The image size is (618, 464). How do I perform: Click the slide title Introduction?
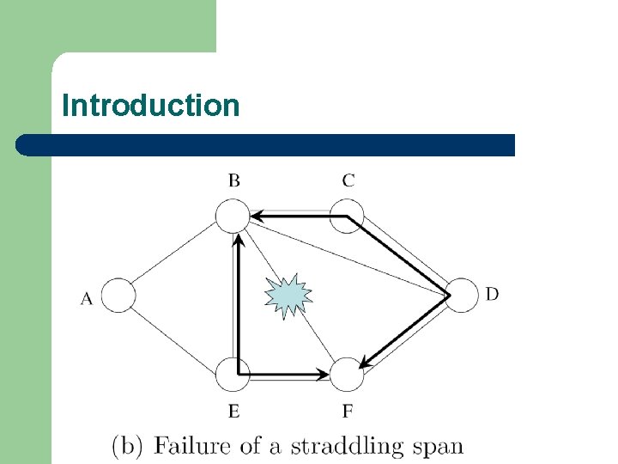pyautogui.click(x=150, y=106)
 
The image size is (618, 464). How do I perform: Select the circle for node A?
pyautogui.click(x=120, y=296)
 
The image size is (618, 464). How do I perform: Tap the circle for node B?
pyautogui.click(x=232, y=216)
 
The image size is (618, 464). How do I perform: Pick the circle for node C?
pyautogui.click(x=347, y=216)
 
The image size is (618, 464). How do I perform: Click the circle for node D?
pyautogui.click(x=462, y=296)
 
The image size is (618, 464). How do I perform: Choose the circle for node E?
pyautogui.click(x=232, y=375)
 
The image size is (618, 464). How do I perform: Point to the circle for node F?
pyautogui.click(x=347, y=375)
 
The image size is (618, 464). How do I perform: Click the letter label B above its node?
pyautogui.click(x=233, y=180)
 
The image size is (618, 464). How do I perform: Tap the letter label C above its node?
pyautogui.click(x=348, y=180)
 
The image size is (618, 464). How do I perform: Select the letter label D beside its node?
pyautogui.click(x=492, y=294)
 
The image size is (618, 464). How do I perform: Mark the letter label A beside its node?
pyautogui.click(x=87, y=299)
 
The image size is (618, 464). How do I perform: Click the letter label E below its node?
pyautogui.click(x=233, y=412)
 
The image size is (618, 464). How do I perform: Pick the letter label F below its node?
pyautogui.click(x=348, y=412)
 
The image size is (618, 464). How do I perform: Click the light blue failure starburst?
pyautogui.click(x=288, y=296)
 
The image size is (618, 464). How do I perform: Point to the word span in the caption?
pyautogui.click(x=436, y=446)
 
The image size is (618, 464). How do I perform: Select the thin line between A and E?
pyautogui.click(x=176, y=335)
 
